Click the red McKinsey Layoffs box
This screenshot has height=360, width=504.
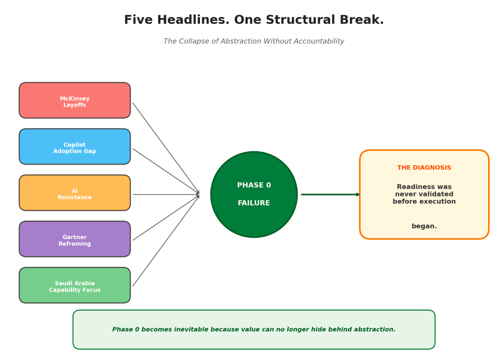pos(74,101)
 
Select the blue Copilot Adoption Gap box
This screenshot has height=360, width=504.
pos(74,147)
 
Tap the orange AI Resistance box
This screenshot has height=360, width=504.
pos(74,193)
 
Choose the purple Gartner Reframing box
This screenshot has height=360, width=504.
pos(74,239)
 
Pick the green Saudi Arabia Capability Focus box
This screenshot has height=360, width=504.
pos(74,286)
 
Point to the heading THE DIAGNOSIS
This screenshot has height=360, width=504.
pos(424,168)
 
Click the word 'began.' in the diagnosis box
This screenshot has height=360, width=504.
pos(424,226)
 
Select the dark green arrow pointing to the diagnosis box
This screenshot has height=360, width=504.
pos(330,194)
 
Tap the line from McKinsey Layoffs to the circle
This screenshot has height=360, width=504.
pos(166,148)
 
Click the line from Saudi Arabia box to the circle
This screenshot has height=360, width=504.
pos(166,241)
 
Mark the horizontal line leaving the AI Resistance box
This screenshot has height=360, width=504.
pos(166,194)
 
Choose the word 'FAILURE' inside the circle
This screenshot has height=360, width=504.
pos(254,204)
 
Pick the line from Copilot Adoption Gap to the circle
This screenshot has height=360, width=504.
pos(166,172)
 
